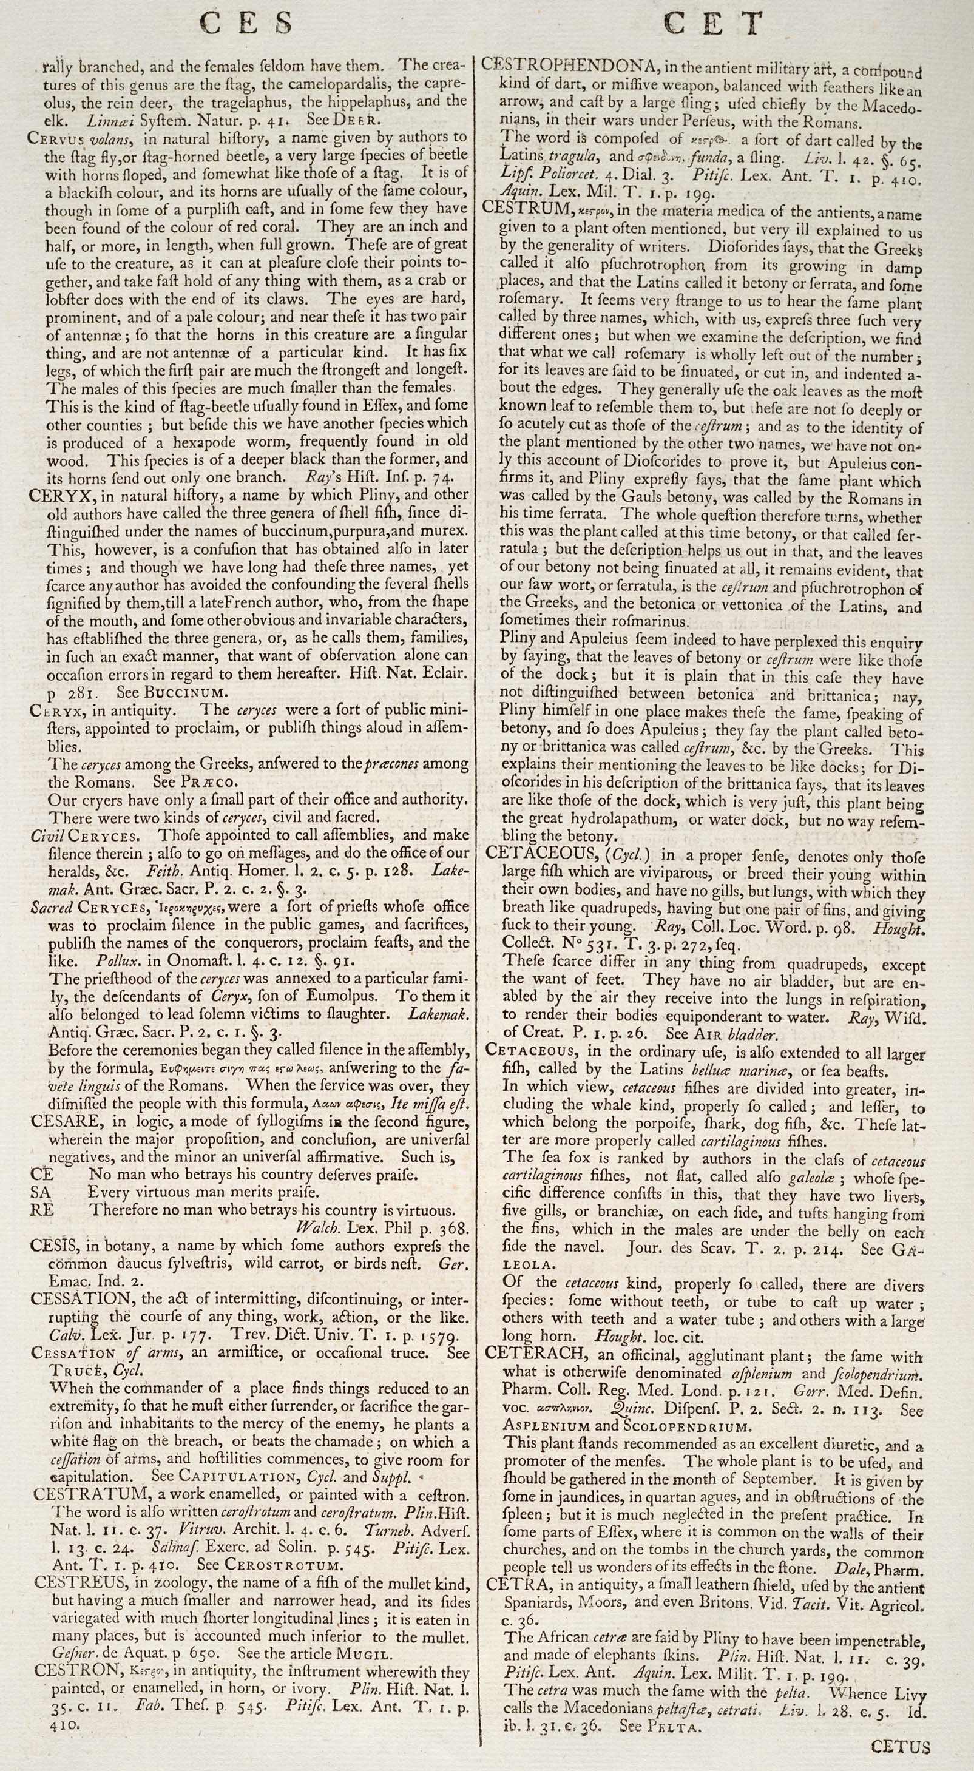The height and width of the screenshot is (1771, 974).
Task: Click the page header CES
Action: tap(246, 24)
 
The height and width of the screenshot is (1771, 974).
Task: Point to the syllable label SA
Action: tap(41, 1192)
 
